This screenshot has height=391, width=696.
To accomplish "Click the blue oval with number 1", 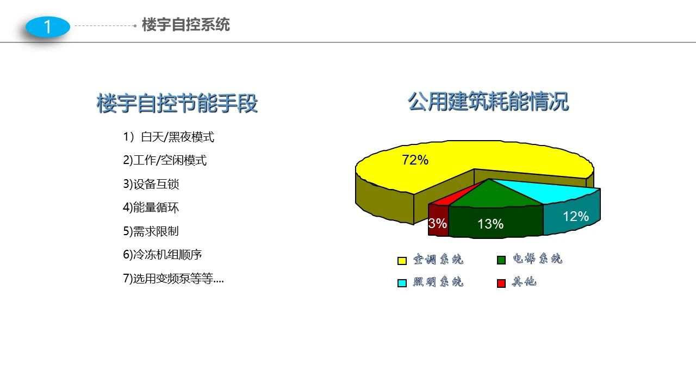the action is (48, 27).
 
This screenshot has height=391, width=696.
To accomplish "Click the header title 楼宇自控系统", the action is (186, 25).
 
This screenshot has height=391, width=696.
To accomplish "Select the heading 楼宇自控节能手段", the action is (177, 103).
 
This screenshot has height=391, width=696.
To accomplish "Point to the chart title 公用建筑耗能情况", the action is (488, 101).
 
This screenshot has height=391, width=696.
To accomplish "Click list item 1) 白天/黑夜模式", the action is (169, 137).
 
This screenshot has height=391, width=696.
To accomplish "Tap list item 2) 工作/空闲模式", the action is (165, 160).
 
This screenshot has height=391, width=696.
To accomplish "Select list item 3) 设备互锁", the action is (151, 184).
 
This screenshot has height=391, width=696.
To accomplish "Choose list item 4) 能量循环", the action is (151, 207).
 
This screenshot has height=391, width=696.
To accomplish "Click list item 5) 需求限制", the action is (151, 231).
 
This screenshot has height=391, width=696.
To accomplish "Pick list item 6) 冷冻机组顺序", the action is (163, 255).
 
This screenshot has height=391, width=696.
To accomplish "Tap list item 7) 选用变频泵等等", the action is (173, 279).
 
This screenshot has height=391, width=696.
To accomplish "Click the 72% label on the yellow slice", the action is (415, 160).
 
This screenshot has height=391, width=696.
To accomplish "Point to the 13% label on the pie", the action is (490, 224).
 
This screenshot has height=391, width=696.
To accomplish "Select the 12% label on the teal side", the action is (576, 217).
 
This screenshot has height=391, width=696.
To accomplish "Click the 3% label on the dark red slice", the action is (438, 223).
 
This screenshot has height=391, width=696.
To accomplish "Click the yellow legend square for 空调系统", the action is (402, 261).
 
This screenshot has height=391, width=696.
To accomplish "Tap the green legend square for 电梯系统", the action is (501, 260).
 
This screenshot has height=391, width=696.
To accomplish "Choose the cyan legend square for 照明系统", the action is (402, 283).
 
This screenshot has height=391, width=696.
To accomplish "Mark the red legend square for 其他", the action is (501, 283).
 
